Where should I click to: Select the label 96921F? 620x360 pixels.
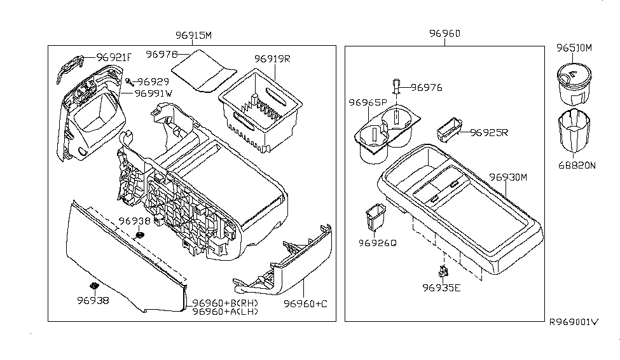coord(114,58)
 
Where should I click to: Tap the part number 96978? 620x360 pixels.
coord(162,55)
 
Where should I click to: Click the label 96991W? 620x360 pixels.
coord(153,93)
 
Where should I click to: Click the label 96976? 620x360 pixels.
coord(426,88)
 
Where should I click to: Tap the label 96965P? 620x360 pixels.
coord(367,102)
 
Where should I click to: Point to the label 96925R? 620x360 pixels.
coord(490,133)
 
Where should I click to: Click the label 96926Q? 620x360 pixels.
coord(377,242)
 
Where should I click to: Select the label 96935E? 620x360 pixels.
coord(441,287)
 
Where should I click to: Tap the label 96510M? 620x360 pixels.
coord(574,48)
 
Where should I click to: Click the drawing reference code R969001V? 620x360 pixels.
coord(574,322)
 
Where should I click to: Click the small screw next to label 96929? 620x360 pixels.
coord(129,81)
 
